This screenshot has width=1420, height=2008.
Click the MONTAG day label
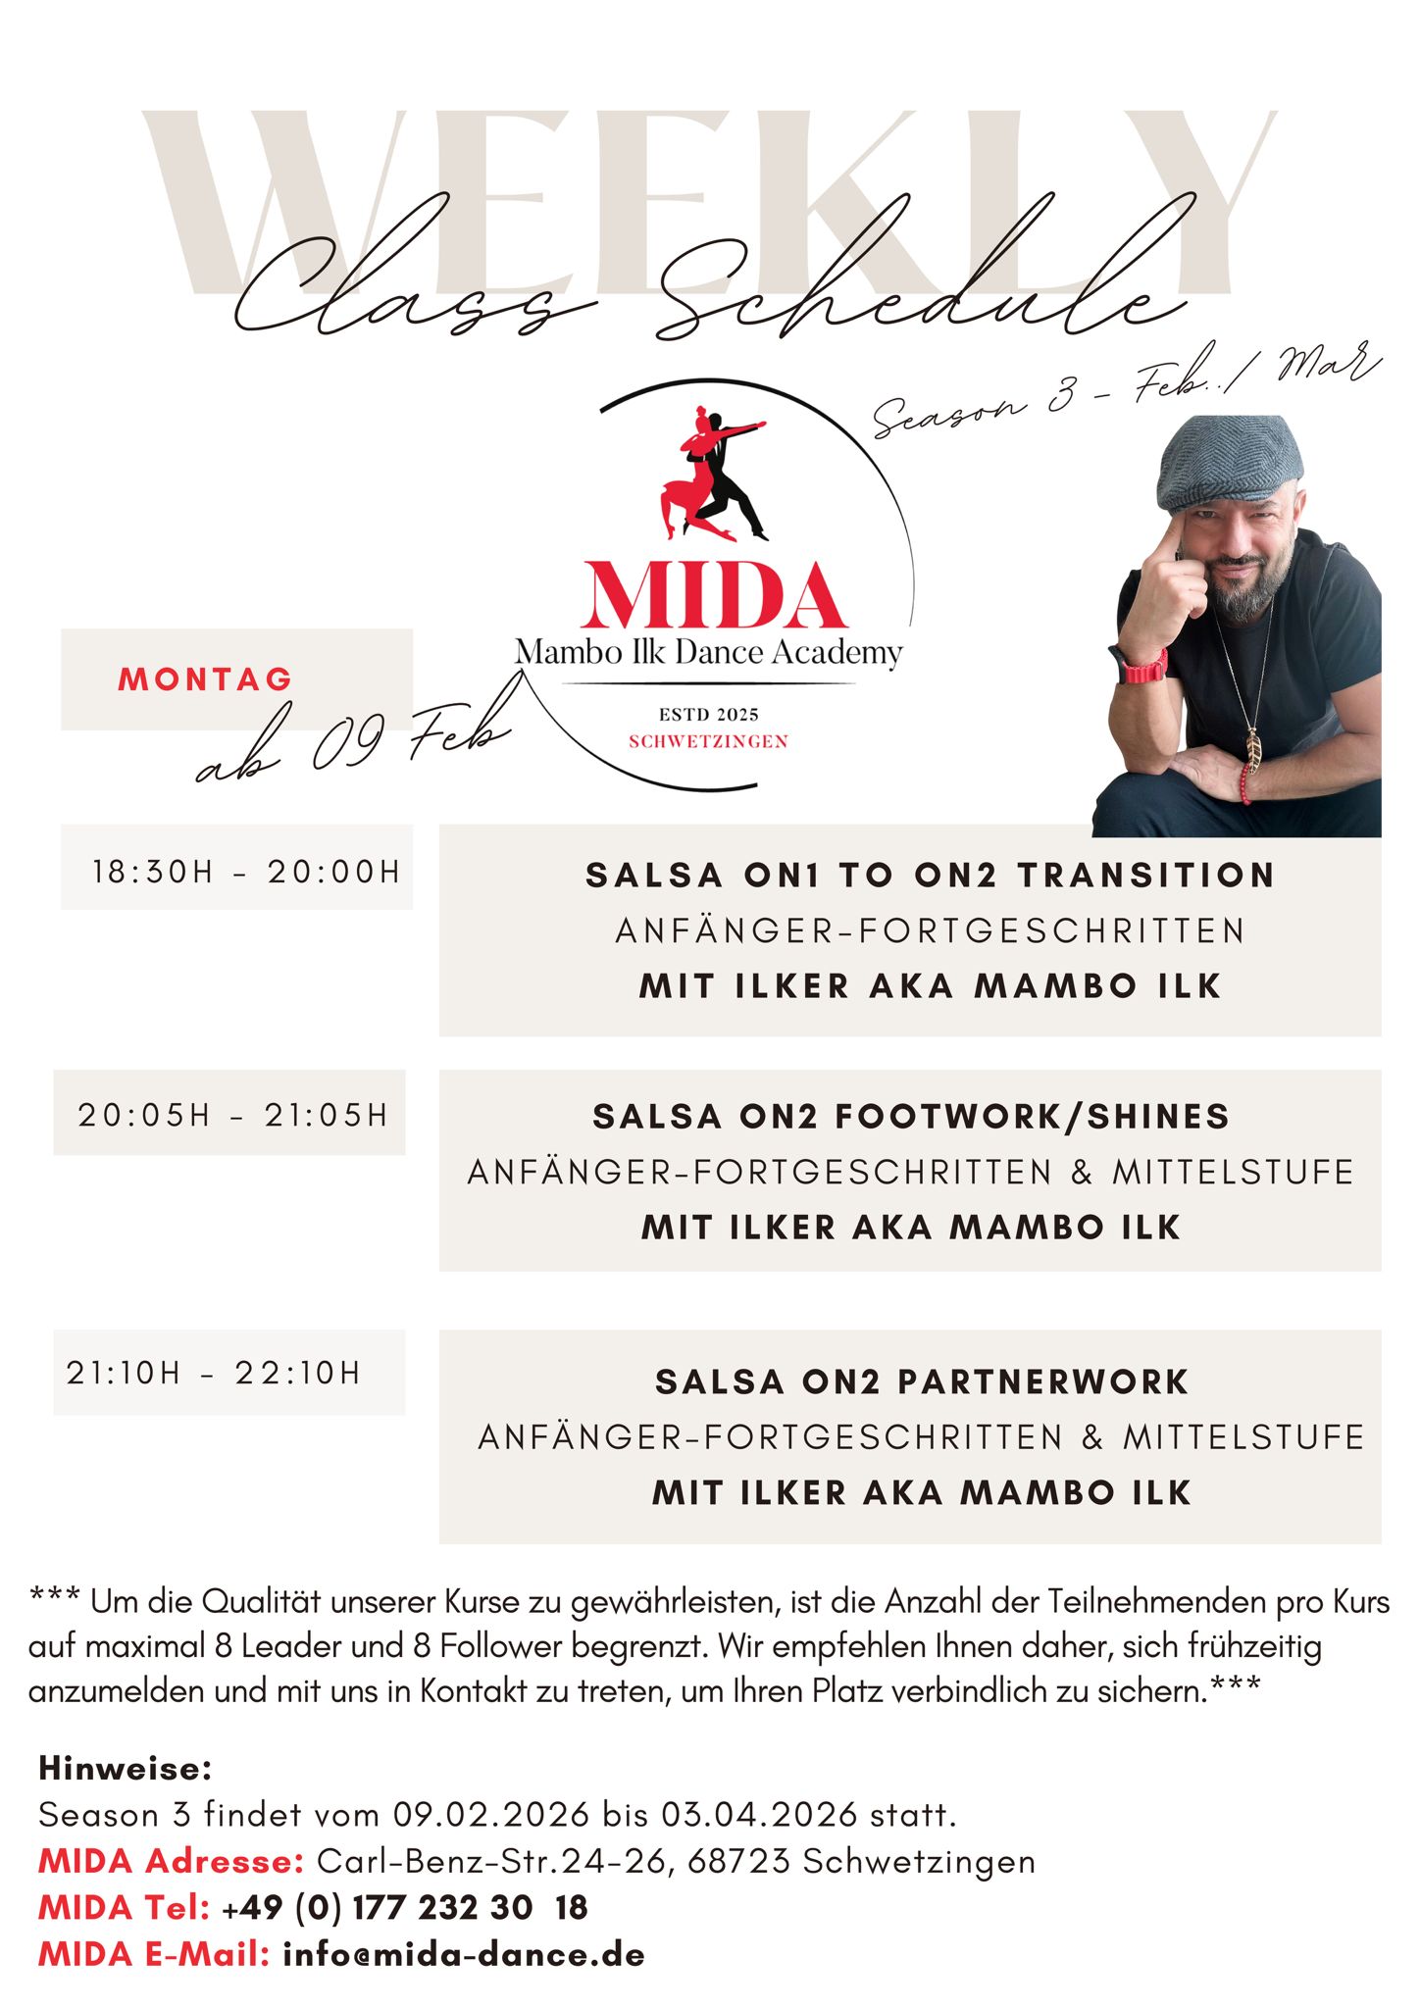(x=205, y=679)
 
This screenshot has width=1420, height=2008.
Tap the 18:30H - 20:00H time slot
(x=246, y=872)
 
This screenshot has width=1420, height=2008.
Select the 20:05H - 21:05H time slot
(x=232, y=1115)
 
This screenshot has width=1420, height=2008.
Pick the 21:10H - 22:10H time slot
(x=213, y=1373)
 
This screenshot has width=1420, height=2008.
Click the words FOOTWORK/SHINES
(x=1032, y=1117)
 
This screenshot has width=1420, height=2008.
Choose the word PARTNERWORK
(x=1043, y=1382)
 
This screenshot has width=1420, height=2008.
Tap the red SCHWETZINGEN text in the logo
(x=708, y=741)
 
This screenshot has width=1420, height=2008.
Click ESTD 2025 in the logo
(x=708, y=715)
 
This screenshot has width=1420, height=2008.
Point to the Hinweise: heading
(x=126, y=1769)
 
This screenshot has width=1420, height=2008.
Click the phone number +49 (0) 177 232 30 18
(x=405, y=1907)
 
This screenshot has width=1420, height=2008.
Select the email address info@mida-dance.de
(x=464, y=1954)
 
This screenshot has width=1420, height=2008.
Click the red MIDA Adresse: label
(x=172, y=1861)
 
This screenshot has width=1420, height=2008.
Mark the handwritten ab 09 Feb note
(x=353, y=745)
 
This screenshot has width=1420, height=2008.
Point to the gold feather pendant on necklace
(x=1254, y=750)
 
